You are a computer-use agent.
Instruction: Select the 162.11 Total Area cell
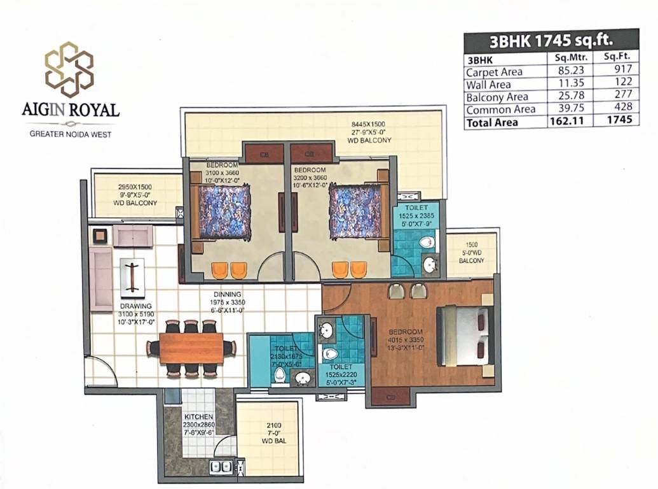coord(570,122)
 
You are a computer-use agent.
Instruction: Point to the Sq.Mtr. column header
coord(570,58)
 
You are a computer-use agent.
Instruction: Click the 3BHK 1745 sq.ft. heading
coord(551,41)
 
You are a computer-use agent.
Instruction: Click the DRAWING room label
coord(135,306)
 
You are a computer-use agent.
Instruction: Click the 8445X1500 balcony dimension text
coord(368,124)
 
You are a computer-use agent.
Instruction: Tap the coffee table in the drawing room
coord(132,278)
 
